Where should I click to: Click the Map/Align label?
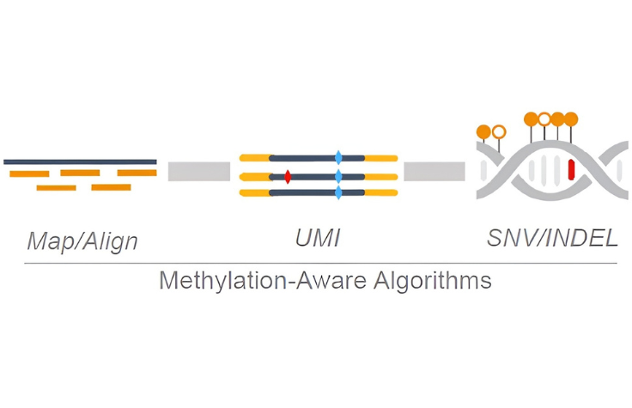pyautogui.click(x=82, y=241)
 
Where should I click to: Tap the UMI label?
pyautogui.click(x=320, y=238)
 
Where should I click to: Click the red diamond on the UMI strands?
pyautogui.click(x=288, y=176)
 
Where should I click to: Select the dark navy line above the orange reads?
pyautogui.click(x=80, y=161)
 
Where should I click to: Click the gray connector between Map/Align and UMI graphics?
pyautogui.click(x=199, y=172)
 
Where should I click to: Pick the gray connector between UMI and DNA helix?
pyautogui.click(x=434, y=172)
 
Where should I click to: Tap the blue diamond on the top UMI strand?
pyautogui.click(x=338, y=158)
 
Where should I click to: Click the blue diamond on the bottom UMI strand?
pyautogui.click(x=338, y=193)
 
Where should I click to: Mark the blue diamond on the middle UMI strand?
pyautogui.click(x=338, y=176)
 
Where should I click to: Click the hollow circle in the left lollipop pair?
pyautogui.click(x=499, y=131)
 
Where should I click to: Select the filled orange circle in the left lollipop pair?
pyautogui.click(x=483, y=131)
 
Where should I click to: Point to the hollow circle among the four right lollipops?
pyautogui.click(x=544, y=119)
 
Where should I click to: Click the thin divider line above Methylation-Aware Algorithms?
pyautogui.click(x=316, y=262)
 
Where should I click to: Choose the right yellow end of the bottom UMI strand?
pyautogui.click(x=381, y=193)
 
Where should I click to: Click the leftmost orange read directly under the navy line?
pyautogui.click(x=29, y=174)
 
